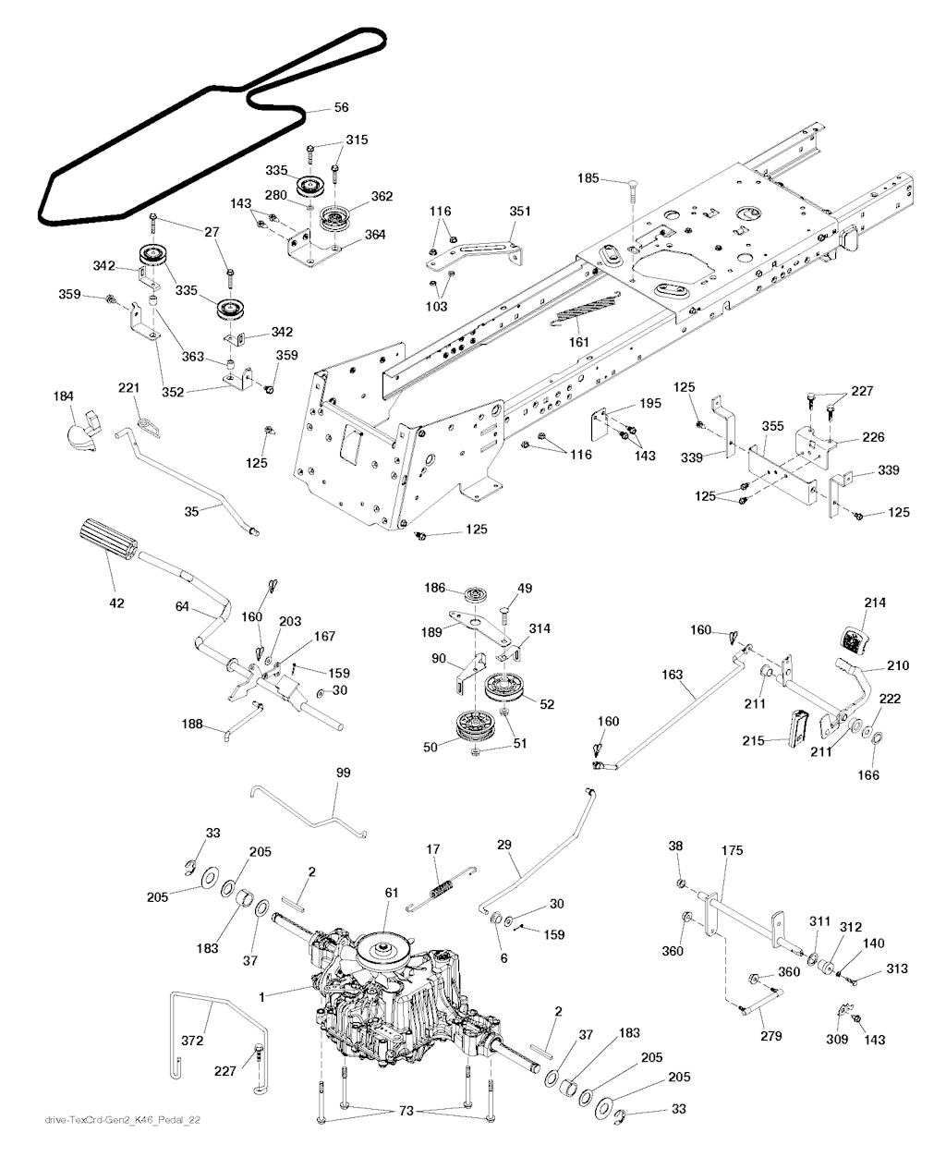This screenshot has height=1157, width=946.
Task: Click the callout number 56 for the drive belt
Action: click(x=341, y=108)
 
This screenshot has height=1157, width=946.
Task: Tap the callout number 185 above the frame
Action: click(x=588, y=177)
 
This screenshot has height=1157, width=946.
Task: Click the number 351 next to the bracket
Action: click(x=520, y=211)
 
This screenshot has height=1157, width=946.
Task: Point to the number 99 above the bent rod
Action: click(x=343, y=772)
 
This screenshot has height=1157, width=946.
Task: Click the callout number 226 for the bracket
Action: click(x=873, y=437)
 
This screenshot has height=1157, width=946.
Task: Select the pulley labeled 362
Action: click(x=334, y=220)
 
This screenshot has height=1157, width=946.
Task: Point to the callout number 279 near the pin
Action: click(x=770, y=1037)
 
